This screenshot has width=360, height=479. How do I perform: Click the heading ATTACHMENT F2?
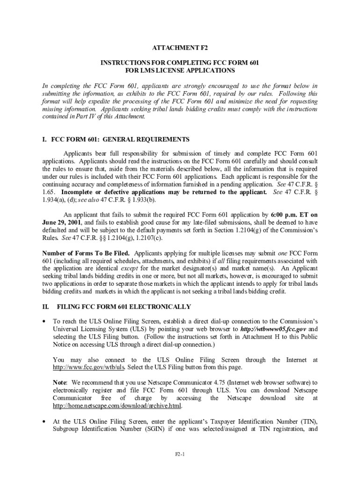[180, 48]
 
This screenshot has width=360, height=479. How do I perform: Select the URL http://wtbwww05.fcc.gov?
[273, 329]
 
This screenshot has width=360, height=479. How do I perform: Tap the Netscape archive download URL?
[117, 405]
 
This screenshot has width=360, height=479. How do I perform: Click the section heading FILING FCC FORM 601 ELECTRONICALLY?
[123, 307]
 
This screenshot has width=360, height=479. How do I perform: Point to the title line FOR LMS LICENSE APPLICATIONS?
[180, 71]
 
